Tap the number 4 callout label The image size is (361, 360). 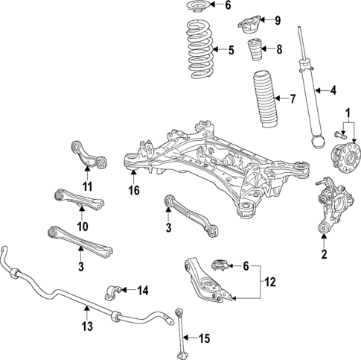[x=333, y=91]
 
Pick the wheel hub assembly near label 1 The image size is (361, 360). [x=345, y=161]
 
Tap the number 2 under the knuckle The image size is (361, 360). [x=324, y=254]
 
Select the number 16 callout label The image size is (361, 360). [x=133, y=191]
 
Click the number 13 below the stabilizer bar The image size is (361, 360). [x=87, y=326]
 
